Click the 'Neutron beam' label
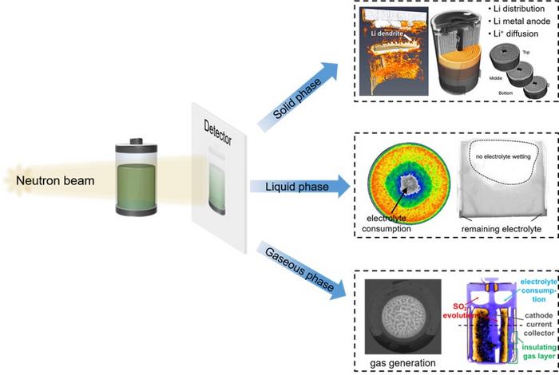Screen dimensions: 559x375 click(x=55, y=180)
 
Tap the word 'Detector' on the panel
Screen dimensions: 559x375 click(x=218, y=132)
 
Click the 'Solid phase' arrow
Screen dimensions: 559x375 click(x=298, y=97)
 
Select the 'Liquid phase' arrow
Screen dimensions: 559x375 click(x=299, y=187)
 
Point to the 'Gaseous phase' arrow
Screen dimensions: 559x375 click(x=302, y=271)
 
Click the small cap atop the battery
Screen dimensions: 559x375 click(x=137, y=141)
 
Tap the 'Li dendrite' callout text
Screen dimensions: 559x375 click(x=387, y=34)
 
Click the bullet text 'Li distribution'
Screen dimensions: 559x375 click(x=519, y=9)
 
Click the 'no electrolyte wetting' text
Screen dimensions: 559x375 click(x=503, y=156)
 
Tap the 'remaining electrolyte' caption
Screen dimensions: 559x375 click(x=502, y=229)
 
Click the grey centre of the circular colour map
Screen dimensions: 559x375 click(x=409, y=184)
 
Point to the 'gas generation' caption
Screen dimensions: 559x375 click(x=402, y=363)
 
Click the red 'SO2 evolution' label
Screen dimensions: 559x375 click(x=459, y=311)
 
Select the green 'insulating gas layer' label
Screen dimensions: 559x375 click(x=539, y=352)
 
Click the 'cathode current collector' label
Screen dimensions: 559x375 click(x=539, y=325)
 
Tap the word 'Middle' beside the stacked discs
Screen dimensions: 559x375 click(x=496, y=78)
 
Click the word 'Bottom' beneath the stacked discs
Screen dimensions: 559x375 click(x=505, y=93)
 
